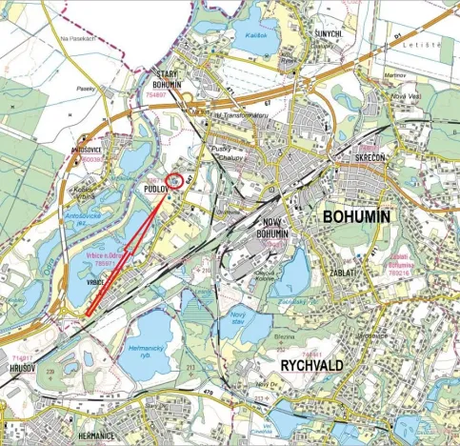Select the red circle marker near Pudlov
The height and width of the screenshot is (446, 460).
tap(173, 181)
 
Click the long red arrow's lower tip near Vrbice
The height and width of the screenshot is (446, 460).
tap(87, 314)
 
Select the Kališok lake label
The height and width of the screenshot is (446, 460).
tap(253, 34)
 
